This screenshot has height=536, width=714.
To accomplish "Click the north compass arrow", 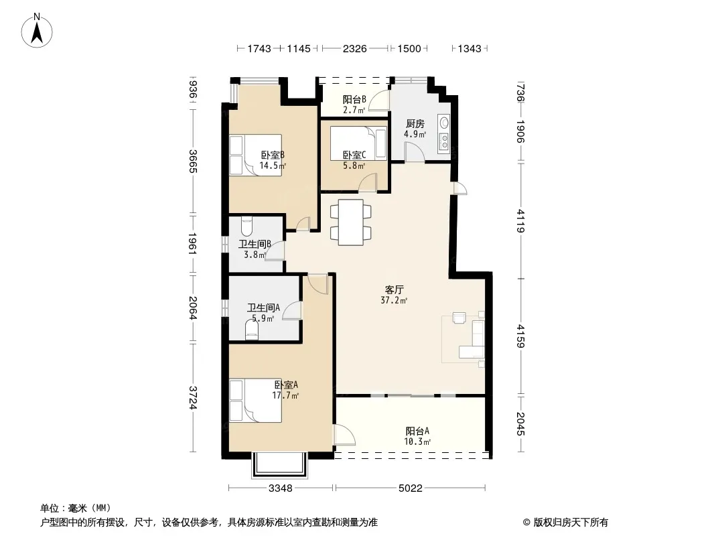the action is pos(37,33).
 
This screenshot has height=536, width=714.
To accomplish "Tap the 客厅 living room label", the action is pos(395,289).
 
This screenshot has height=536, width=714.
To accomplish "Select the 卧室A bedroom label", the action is pos(286,385).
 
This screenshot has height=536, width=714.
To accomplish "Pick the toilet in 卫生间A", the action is pos(252,330).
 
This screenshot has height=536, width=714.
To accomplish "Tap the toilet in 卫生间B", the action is pos(246,226).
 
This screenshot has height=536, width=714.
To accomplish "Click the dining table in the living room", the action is pos(350,222).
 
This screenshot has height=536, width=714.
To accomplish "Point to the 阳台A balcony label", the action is pos(417,431).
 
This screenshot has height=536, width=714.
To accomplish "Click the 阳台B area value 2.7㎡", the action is pos(354,110).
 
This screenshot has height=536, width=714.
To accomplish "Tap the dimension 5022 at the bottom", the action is pos(411,488).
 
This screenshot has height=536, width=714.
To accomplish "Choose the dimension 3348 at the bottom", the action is pos(281,488).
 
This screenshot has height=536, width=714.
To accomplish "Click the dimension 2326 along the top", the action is pos(355,48).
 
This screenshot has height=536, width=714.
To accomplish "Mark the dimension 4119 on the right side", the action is pos(521,221).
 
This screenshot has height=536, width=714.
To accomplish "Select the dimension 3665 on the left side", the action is pos(193,161).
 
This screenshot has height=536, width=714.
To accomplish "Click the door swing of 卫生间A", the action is pos(292,311).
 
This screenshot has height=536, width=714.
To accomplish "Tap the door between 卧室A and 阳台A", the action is pos(344,435).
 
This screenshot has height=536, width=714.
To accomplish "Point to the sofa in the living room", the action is pos(476,339).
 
